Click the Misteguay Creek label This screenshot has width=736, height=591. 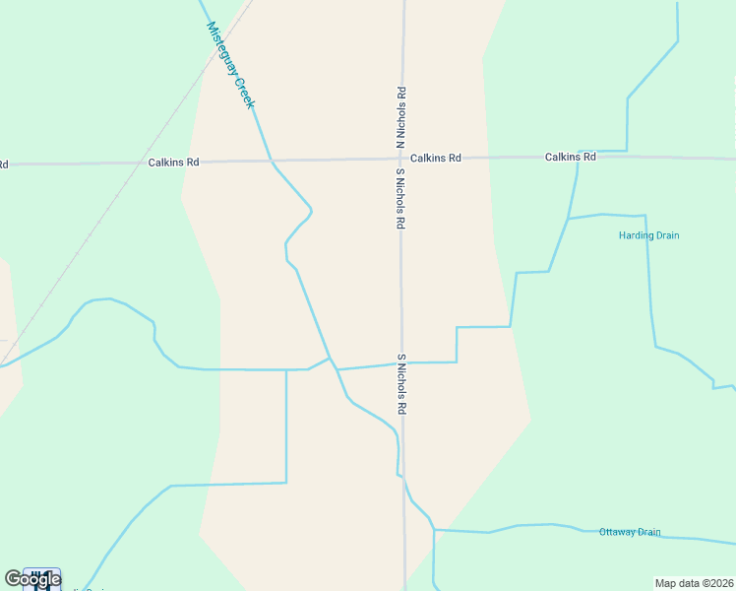coord(231,65)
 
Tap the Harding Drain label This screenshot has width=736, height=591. coord(648,235)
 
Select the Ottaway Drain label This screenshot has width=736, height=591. coord(630,532)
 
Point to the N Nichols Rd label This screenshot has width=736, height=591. coord(401,118)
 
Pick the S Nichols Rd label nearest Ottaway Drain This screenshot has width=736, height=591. coord(401,383)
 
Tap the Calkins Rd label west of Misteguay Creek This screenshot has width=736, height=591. coord(174,162)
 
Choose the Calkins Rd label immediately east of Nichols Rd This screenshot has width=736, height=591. coord(436,158)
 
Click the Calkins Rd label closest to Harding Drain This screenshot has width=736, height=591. coord(571,157)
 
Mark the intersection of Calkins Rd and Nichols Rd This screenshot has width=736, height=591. coord(401,159)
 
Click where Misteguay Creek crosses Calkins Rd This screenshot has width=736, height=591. coord(271,160)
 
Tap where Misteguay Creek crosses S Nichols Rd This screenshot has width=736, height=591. coord(402,477)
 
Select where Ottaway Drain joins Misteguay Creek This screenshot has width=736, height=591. coord(434,530)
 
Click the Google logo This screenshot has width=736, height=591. coord(32,579)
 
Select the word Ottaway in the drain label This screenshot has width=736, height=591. coord(616,532)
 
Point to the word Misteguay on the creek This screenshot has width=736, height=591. coord(222,46)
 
